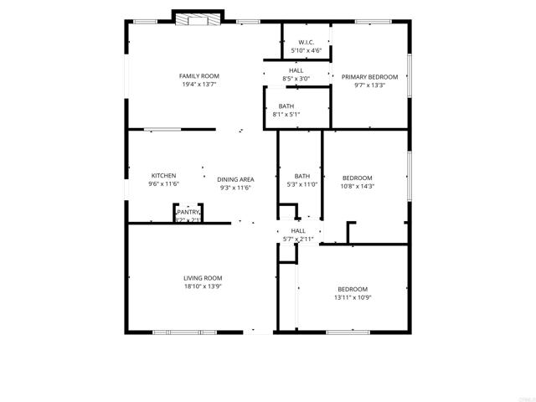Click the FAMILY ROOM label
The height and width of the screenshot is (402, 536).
(193, 76)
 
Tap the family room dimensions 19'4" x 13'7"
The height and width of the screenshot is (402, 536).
(193, 85)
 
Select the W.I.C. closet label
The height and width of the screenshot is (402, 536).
(307, 42)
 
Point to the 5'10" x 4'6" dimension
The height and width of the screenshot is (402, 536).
(307, 50)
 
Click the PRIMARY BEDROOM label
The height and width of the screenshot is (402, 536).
(369, 76)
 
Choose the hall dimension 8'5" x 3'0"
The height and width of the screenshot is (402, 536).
(296, 79)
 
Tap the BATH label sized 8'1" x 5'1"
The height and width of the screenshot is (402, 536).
(286, 106)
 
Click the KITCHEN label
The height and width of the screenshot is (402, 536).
(163, 176)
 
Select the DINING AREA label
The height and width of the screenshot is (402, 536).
(235, 179)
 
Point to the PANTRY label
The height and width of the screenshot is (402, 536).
(188, 213)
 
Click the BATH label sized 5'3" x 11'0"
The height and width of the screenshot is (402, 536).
(301, 176)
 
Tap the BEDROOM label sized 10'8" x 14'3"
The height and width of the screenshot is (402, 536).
(358, 178)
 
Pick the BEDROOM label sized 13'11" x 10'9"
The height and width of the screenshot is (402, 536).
(353, 289)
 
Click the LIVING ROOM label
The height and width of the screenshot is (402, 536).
(203, 277)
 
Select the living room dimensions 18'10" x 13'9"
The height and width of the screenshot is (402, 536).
(203, 286)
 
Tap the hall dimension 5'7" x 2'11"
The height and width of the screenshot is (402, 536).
(298, 240)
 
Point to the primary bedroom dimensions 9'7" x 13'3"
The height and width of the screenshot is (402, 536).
(369, 85)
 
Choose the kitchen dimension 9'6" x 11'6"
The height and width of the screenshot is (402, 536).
(163, 184)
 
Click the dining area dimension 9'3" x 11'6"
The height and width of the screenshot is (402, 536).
(235, 188)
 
